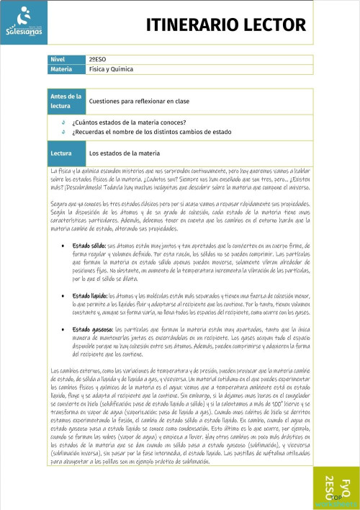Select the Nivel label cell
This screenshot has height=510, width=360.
64,59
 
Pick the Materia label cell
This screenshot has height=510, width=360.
64,69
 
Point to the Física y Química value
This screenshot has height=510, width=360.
112,69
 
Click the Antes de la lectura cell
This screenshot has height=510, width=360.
64,101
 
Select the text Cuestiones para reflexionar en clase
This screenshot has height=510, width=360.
135,102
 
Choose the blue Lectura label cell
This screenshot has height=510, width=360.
64,153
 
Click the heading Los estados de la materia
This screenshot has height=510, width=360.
124,153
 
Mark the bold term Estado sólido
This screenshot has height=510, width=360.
89,246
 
